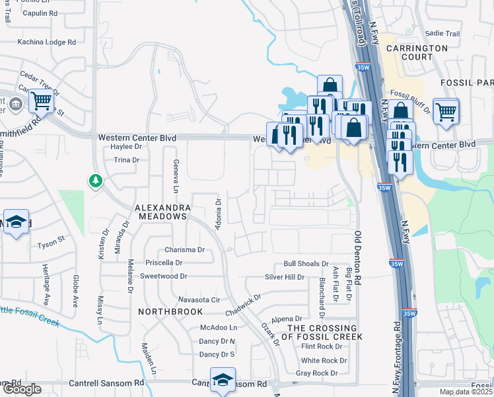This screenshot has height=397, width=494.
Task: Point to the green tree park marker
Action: pos(96,180)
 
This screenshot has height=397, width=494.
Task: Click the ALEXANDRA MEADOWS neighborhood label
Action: pos(162,212)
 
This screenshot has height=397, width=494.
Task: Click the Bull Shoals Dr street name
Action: pos(306,263)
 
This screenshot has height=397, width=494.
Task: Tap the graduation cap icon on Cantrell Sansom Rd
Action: pos(223,380)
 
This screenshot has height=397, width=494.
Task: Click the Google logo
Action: pos(21,389)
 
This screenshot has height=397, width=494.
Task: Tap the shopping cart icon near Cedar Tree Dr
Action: pos(40,101)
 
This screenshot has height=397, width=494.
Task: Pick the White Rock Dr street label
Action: pos(324,361)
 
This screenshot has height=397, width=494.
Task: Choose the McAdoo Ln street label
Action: pos(219,328)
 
